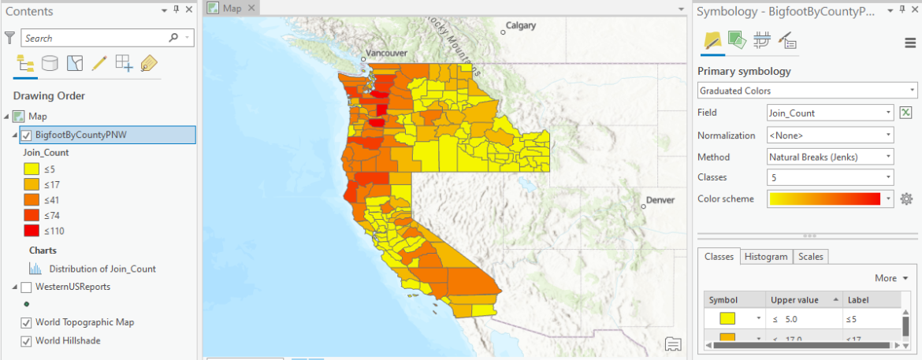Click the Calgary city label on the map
click(520, 25)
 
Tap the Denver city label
click(660, 200)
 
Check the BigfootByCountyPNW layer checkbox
click(27, 135)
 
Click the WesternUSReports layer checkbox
click(27, 287)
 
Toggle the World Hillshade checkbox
click(27, 341)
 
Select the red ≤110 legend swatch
click(32, 231)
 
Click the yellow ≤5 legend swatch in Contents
click(32, 168)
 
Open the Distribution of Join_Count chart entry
click(102, 269)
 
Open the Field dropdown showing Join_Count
click(830, 113)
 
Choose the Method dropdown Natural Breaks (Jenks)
click(830, 157)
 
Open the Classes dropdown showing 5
click(830, 177)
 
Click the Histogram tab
click(765, 257)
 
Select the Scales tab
click(810, 257)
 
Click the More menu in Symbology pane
click(890, 278)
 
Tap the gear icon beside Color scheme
click(906, 199)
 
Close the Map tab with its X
click(251, 8)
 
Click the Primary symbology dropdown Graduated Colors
click(808, 91)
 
